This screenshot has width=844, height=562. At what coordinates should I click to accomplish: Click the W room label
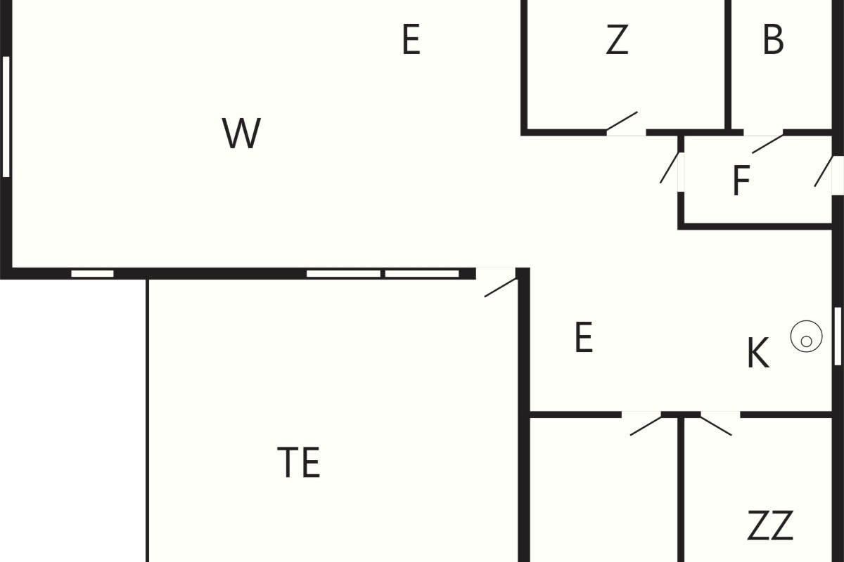(x=241, y=133)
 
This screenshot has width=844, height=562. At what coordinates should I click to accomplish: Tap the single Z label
(x=618, y=39)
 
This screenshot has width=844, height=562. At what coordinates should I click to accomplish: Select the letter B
(x=773, y=39)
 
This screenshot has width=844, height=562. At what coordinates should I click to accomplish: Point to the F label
(x=741, y=181)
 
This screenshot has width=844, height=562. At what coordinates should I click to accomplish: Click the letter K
(x=757, y=353)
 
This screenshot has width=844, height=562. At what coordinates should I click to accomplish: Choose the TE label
(x=299, y=462)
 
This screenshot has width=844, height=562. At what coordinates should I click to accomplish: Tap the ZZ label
(x=770, y=525)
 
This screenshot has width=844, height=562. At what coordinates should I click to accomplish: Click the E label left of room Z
(x=411, y=39)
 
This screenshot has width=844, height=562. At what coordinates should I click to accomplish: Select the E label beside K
(x=584, y=337)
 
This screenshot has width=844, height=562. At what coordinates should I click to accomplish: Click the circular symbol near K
(x=806, y=336)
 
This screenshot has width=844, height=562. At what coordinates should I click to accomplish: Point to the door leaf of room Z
(x=622, y=122)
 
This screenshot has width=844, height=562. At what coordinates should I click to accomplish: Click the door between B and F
(x=768, y=144)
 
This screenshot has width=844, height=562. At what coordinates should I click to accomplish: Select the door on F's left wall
(x=670, y=168)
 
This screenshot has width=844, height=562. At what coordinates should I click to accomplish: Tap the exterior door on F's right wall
(x=824, y=171)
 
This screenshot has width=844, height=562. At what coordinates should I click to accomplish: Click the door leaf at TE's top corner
(x=500, y=287)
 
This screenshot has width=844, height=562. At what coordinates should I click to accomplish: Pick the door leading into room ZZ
(x=716, y=426)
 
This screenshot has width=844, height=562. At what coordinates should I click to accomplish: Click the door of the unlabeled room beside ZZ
(x=646, y=426)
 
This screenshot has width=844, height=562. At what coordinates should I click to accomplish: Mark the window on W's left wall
(x=6, y=117)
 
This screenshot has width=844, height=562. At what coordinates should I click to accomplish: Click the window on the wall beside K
(x=838, y=336)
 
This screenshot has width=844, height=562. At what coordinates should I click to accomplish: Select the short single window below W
(x=93, y=274)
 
